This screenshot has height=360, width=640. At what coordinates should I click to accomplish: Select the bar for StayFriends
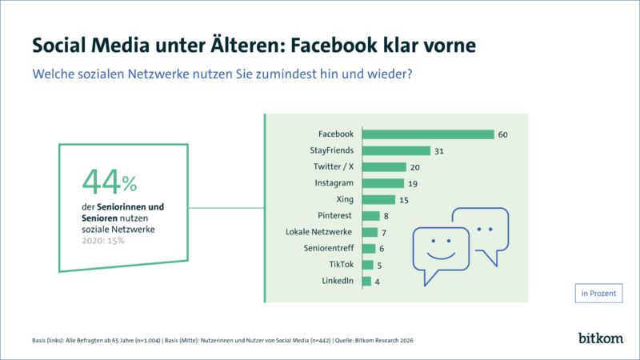(396, 150)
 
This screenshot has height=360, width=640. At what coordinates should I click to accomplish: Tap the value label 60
(503, 134)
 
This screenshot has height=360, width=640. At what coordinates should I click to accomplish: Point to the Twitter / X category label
(334, 166)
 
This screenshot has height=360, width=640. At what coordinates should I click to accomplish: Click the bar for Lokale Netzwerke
(369, 232)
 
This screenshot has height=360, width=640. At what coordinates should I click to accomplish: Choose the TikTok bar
(367, 265)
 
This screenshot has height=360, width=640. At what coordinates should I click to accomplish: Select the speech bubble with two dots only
(481, 230)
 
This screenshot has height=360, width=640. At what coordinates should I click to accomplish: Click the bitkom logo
(600, 338)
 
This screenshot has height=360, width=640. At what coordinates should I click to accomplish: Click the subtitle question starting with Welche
(222, 74)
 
